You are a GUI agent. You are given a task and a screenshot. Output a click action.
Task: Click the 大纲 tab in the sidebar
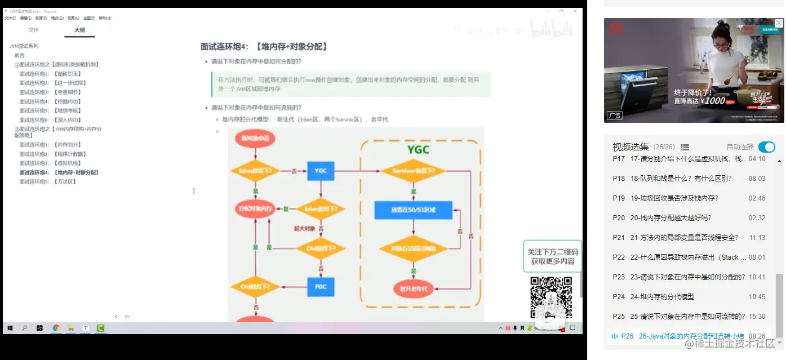(79, 30)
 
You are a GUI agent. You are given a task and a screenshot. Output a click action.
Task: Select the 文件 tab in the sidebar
(34, 30)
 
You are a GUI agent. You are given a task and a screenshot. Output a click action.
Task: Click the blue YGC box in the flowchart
(321, 170)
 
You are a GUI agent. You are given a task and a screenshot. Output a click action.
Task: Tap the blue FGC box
(321, 286)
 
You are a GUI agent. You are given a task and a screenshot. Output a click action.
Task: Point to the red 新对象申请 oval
(255, 138)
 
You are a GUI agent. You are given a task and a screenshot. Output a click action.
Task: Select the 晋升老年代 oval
(414, 288)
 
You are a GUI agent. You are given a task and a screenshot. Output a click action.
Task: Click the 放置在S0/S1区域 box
(414, 210)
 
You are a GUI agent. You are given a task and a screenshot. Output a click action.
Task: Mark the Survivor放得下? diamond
(414, 170)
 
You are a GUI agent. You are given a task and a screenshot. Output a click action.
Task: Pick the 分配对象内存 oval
(255, 209)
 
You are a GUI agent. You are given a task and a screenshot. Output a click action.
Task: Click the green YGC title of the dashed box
(418, 149)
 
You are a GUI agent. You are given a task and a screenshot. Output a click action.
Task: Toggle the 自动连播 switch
(766, 147)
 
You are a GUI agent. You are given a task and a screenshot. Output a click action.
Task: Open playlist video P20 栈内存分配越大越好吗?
(670, 218)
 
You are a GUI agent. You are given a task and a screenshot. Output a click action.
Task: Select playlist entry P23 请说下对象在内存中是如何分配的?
(687, 277)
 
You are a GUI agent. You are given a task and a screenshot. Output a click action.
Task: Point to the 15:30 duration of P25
(757, 317)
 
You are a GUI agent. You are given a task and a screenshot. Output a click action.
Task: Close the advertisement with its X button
(779, 23)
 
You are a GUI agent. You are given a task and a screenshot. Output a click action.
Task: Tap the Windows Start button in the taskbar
(10, 328)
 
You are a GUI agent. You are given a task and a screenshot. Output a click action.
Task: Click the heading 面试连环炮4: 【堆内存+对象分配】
(264, 47)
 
